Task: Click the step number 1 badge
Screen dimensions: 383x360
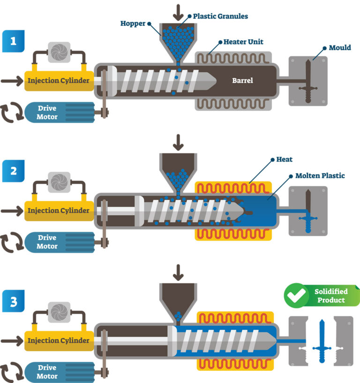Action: click(13, 41)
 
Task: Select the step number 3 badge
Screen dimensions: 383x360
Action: click(13, 300)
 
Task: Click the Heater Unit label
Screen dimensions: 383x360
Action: click(243, 42)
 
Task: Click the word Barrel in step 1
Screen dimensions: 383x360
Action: click(242, 81)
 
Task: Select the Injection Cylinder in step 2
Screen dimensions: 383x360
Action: click(58, 210)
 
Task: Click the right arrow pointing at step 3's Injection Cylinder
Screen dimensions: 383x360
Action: click(11, 340)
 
